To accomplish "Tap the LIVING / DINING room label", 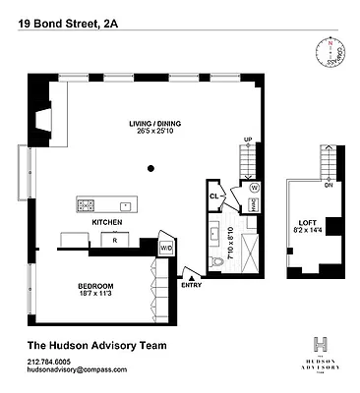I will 156,124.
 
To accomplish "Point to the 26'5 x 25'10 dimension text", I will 156,133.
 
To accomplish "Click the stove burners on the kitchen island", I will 87,205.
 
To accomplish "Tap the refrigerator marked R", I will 115,240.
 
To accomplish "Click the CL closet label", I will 213,195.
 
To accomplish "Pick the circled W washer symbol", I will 254,187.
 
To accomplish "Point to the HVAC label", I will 254,204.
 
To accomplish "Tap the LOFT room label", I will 305,224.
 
